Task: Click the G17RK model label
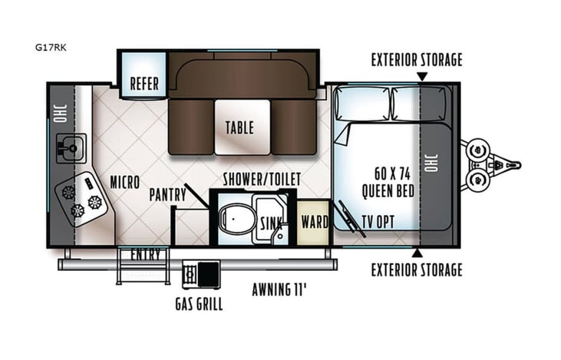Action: pyautogui.click(x=51, y=48)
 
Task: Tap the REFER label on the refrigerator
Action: pyautogui.click(x=144, y=84)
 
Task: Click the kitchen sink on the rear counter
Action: pyautogui.click(x=71, y=148)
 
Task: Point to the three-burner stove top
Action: pyautogui.click(x=81, y=199)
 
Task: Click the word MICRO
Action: pyautogui.click(x=125, y=182)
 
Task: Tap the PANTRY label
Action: pyautogui.click(x=168, y=195)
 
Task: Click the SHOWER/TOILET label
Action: pyautogui.click(x=262, y=180)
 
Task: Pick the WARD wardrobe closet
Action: pyautogui.click(x=313, y=222)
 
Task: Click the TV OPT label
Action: pyautogui.click(x=378, y=222)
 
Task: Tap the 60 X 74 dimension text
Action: pyautogui.click(x=392, y=174)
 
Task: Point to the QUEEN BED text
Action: pyautogui.click(x=388, y=190)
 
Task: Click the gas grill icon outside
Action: pyautogui.click(x=201, y=275)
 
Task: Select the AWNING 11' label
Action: pyautogui.click(x=279, y=289)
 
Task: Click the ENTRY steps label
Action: pyautogui.click(x=145, y=254)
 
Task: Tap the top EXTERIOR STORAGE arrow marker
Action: pyautogui.click(x=422, y=77)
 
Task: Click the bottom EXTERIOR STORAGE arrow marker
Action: pyautogui.click(x=417, y=253)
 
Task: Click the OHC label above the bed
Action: pyautogui.click(x=431, y=163)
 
